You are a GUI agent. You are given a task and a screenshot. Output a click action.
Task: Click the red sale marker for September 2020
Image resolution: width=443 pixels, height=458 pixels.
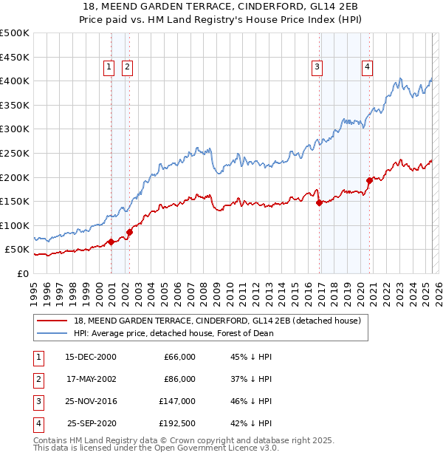(369, 180)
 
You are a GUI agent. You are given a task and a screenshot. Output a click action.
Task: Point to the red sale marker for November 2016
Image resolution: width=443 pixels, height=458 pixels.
(319, 202)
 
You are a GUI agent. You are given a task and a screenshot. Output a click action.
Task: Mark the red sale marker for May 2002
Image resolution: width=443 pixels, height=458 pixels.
(129, 231)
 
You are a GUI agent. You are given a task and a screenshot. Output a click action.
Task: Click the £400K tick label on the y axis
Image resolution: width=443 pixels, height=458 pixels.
(16, 81)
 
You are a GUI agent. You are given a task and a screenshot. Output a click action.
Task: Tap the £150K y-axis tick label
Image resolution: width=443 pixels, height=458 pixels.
(16, 201)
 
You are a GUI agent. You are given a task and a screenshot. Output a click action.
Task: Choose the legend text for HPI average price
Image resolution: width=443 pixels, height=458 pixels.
(174, 333)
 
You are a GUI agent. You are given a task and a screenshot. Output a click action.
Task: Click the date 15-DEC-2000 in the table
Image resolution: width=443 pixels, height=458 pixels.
(91, 357)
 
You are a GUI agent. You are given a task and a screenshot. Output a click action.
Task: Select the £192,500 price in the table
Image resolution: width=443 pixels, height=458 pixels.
(177, 423)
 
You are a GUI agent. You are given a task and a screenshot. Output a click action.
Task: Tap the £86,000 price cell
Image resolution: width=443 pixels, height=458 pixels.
(179, 379)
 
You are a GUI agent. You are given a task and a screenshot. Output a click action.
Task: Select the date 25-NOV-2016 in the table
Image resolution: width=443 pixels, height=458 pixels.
(91, 401)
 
